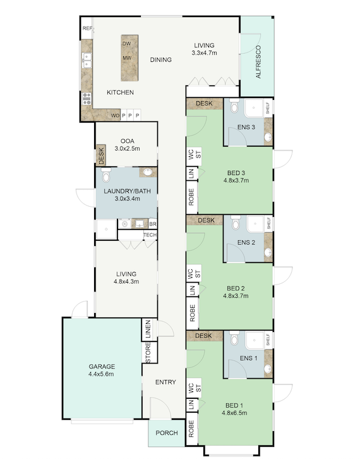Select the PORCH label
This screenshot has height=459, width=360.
(x=167, y=433)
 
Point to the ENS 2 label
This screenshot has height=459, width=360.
(x=246, y=243)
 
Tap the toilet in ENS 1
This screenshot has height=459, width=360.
(x=234, y=339)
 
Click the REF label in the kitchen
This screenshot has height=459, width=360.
(x=87, y=29)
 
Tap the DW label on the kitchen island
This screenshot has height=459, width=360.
(x=126, y=44)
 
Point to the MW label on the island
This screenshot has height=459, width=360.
(x=126, y=59)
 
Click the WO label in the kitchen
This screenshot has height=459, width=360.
(x=115, y=116)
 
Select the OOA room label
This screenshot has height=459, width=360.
(x=128, y=141)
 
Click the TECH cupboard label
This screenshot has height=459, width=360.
(x=150, y=235)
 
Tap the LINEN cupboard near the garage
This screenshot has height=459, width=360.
(x=148, y=329)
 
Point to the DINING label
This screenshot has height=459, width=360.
(x=161, y=60)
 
